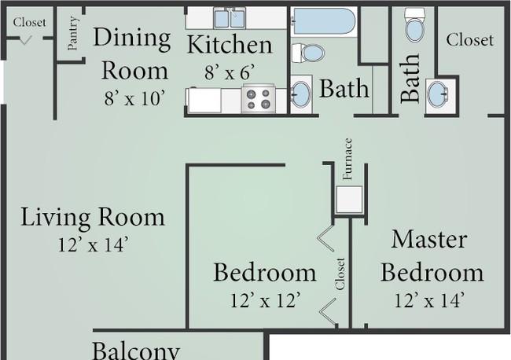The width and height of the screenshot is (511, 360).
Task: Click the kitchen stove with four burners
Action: click(x=259, y=99)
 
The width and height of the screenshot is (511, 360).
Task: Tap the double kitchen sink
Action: click(x=230, y=18)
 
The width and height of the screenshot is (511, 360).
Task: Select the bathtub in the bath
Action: click(x=324, y=21)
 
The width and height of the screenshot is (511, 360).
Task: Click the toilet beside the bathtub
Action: click(x=308, y=53)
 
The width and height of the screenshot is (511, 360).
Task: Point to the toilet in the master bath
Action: click(x=415, y=25)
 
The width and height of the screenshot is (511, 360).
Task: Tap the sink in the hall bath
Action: click(x=300, y=94)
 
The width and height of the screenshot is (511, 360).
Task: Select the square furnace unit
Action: click(x=349, y=200)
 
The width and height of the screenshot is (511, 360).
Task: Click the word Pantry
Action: click(x=73, y=33)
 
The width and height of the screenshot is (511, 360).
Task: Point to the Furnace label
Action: click(x=347, y=159)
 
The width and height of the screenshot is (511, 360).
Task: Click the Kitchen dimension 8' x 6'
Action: click(x=230, y=72)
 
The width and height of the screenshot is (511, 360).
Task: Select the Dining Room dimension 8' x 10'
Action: click(x=134, y=98)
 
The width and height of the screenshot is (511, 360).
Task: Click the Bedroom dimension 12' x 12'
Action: click(x=265, y=300)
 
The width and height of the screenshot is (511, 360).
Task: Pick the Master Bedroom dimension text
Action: click(x=429, y=300)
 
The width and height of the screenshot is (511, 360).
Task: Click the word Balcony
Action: click(x=136, y=351)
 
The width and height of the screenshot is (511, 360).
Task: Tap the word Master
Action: click(x=429, y=239)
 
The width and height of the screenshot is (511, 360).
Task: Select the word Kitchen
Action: click(x=230, y=44)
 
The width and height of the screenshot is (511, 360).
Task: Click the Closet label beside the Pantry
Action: click(x=29, y=22)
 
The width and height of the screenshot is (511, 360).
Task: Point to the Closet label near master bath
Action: click(x=469, y=40)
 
